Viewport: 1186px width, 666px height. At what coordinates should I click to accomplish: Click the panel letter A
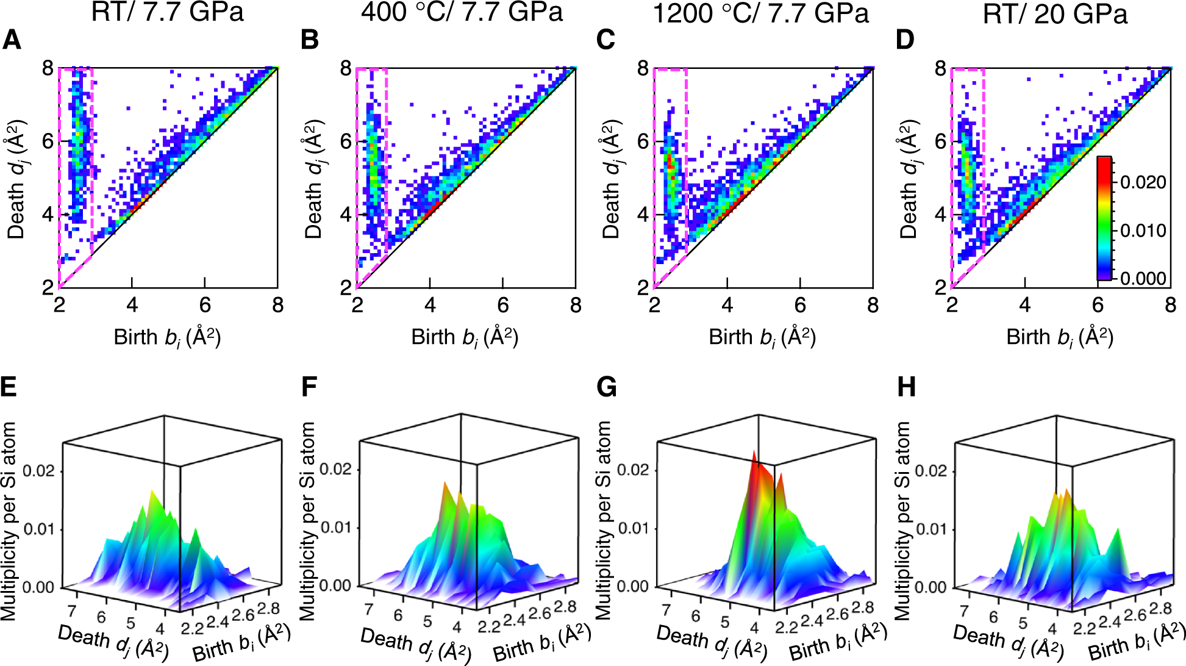(x=12, y=40)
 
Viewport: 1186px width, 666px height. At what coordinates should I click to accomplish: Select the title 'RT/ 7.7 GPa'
(x=167, y=12)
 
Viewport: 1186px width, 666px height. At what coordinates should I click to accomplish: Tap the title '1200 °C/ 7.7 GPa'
(x=760, y=13)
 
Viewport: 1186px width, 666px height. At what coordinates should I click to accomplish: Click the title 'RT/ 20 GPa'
(x=1055, y=13)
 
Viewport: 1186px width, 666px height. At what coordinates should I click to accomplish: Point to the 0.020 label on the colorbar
(x=1143, y=182)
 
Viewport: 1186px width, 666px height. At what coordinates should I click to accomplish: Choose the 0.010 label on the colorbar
(x=1143, y=231)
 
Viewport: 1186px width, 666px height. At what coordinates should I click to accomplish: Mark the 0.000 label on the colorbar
(x=1143, y=279)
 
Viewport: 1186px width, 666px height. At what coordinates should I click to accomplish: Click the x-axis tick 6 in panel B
(x=502, y=305)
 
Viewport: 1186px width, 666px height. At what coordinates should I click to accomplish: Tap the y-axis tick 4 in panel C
(x=642, y=215)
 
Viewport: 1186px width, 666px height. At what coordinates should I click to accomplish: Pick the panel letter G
(x=606, y=387)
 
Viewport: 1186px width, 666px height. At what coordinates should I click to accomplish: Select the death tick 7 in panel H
(x=964, y=610)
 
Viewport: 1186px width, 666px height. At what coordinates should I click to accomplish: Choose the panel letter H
(x=906, y=387)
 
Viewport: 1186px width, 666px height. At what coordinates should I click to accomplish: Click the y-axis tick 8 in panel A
(x=48, y=68)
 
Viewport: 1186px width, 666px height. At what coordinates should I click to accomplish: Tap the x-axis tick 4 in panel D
(x=1024, y=305)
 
